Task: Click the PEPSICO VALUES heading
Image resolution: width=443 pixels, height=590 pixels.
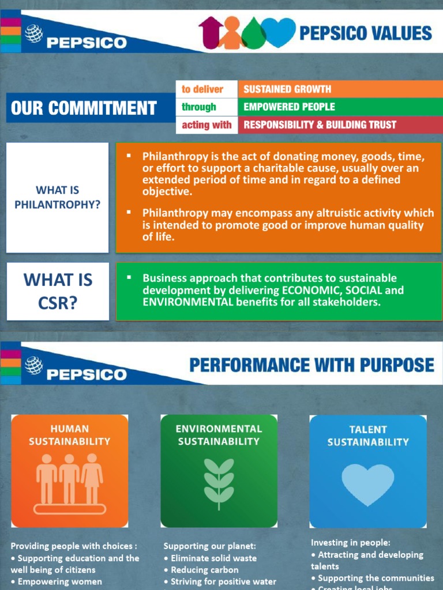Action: [365, 33]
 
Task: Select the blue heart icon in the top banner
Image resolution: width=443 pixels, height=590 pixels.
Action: [279, 32]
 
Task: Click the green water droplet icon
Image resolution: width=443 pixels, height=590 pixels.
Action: [254, 35]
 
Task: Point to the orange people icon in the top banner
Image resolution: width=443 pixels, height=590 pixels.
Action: [231, 33]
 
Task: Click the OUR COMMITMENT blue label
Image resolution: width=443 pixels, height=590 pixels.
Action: [84, 108]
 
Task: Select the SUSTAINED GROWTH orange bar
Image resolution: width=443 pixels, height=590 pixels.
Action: [340, 89]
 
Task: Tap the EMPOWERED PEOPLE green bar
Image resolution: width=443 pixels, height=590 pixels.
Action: [340, 107]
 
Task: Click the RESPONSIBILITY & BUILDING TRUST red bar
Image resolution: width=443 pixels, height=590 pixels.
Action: [340, 124]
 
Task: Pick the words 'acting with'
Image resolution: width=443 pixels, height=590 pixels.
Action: [207, 124]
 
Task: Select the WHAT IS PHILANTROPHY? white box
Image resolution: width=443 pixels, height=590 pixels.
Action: [57, 197]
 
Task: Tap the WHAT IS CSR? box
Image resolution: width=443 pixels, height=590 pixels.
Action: [58, 291]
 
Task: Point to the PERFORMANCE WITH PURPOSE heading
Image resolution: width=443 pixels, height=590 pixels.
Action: [311, 365]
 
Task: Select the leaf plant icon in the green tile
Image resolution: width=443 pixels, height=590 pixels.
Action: [219, 483]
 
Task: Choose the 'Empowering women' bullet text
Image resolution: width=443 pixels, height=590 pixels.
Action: [59, 581]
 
